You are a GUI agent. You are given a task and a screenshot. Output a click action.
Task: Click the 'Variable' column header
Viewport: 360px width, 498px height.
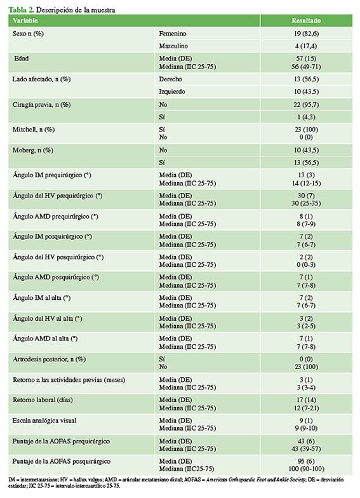point(25,20)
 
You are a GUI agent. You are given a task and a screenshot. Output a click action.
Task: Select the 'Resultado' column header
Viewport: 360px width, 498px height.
point(306,20)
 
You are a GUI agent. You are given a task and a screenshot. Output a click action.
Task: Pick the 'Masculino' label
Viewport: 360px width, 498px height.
point(173,46)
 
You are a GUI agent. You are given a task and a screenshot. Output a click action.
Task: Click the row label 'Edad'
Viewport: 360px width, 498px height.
point(22,58)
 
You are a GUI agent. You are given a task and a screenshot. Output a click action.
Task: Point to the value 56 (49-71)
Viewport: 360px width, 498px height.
point(306,67)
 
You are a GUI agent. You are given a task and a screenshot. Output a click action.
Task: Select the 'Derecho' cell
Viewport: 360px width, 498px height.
point(170,79)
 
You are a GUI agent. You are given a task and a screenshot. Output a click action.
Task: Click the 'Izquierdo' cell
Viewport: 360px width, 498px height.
point(172,91)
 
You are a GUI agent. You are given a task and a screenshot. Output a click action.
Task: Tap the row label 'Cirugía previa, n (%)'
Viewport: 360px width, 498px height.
point(41,105)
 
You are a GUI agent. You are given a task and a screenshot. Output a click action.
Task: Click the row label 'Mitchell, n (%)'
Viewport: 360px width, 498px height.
point(34,130)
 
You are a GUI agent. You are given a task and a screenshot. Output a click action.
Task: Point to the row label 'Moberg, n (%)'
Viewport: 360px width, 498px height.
point(33,150)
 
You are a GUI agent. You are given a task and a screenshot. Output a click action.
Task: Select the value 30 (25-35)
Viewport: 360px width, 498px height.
point(306,203)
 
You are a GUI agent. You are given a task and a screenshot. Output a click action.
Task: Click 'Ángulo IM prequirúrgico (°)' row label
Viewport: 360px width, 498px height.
point(52,175)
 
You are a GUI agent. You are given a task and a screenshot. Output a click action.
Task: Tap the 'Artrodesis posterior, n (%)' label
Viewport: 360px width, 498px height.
point(50,360)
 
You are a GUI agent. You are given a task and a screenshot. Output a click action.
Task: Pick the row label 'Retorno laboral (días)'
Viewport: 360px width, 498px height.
point(43,400)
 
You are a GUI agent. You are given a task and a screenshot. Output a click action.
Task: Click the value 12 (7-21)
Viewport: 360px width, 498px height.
point(306,408)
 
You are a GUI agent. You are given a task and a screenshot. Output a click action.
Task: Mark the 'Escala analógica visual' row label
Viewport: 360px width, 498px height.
point(44,421)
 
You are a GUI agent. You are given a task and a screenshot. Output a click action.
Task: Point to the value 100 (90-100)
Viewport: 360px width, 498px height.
point(306,469)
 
